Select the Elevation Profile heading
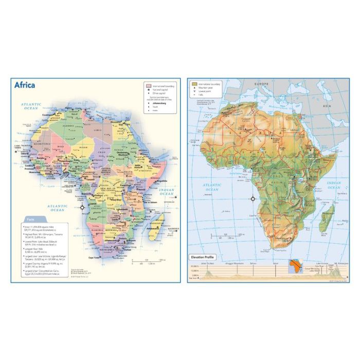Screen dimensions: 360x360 203,257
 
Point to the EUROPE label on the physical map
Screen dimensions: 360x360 262,83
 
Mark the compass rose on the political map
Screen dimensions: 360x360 82,208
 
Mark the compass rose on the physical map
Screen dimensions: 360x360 253,199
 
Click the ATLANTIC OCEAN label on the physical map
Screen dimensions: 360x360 212,187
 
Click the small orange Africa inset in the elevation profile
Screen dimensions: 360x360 297,266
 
